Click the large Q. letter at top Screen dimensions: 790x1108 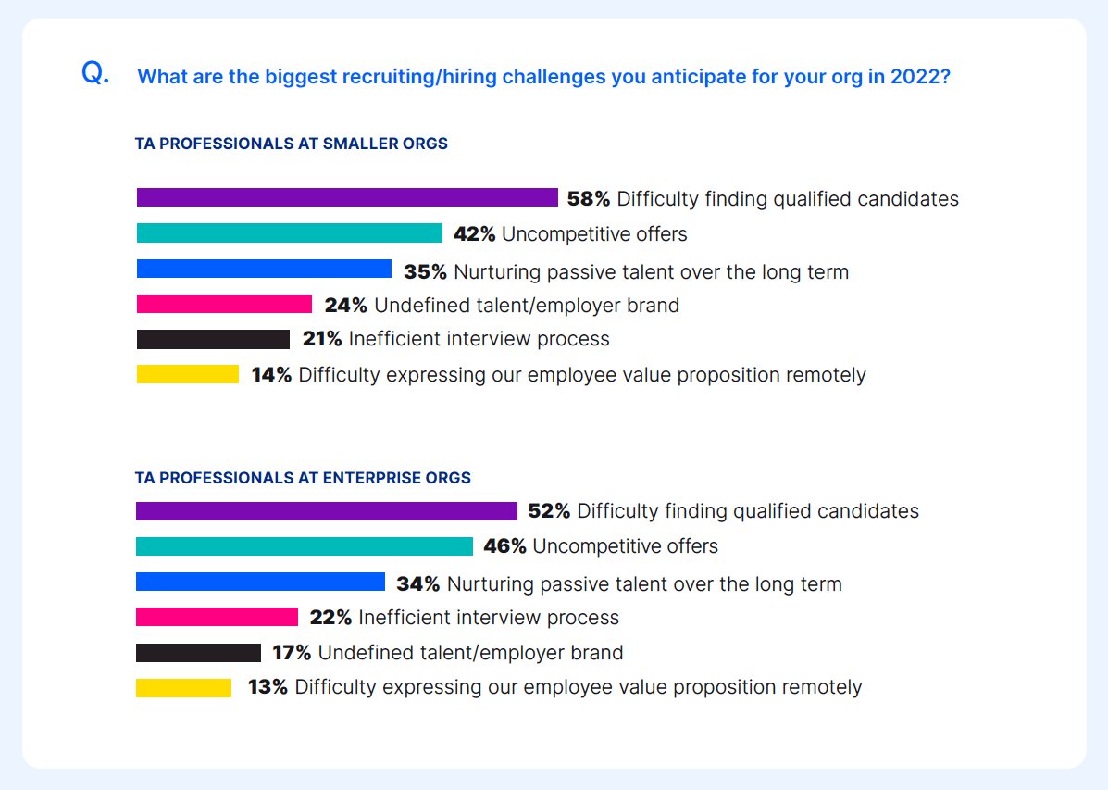click(95, 73)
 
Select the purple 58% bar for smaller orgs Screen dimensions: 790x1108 click(347, 197)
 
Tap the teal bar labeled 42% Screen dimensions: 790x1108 click(289, 233)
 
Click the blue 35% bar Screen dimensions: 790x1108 click(264, 269)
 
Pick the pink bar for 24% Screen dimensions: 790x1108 click(224, 304)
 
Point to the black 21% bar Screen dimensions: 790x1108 click(213, 339)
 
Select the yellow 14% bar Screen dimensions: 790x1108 click(187, 374)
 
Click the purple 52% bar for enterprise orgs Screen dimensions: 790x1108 click(326, 511)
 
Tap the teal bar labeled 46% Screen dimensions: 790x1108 click(304, 546)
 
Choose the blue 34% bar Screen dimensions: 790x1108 click(260, 582)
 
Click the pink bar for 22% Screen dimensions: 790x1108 click(217, 617)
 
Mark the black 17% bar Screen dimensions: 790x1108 click(198, 653)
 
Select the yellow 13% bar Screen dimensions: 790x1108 click(183, 688)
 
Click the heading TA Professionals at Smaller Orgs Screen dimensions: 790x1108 click(292, 144)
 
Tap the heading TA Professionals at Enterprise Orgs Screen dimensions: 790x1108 click(303, 478)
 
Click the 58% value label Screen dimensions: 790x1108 click(589, 198)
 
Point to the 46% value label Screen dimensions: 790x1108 click(504, 546)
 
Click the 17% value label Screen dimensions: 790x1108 click(292, 653)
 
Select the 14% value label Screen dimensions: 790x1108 click(271, 375)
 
